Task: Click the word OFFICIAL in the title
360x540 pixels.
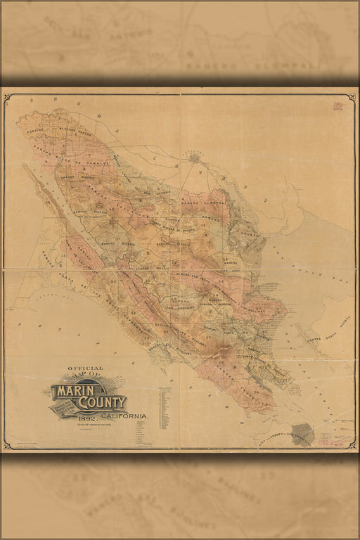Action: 85,368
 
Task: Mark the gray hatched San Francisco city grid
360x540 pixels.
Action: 303,433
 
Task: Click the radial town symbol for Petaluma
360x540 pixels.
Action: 194,158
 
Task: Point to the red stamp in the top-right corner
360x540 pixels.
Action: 338,106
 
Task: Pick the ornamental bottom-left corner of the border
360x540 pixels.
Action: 8,444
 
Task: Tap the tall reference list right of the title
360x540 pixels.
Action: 165,408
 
